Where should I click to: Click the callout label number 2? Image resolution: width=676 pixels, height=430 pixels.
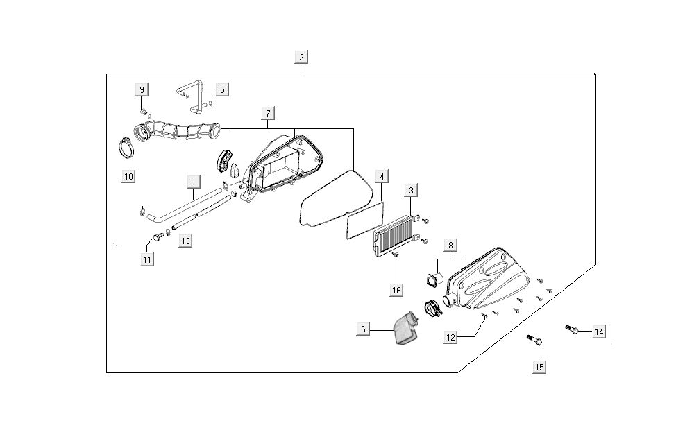tap(301, 57)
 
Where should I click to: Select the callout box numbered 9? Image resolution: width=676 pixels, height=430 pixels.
tap(142, 89)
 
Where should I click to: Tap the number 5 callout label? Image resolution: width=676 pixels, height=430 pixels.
tap(221, 89)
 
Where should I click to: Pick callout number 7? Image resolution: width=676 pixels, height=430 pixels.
tap(269, 113)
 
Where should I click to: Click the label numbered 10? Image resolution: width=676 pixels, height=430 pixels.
tap(128, 176)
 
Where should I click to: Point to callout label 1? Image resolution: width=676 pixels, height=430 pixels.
tap(194, 182)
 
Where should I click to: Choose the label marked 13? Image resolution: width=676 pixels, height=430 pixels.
tap(185, 241)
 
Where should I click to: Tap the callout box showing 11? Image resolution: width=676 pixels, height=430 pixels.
tap(147, 259)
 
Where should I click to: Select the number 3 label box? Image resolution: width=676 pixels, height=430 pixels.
tap(411, 189)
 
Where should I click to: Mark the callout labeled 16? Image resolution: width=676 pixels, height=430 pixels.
tap(396, 290)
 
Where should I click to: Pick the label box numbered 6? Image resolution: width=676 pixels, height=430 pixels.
tap(363, 329)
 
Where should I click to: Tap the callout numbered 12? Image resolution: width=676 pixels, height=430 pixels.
tap(451, 337)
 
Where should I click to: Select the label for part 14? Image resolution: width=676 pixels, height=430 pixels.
tap(598, 332)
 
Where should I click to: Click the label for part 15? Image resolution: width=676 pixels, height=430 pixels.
tap(539, 367)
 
